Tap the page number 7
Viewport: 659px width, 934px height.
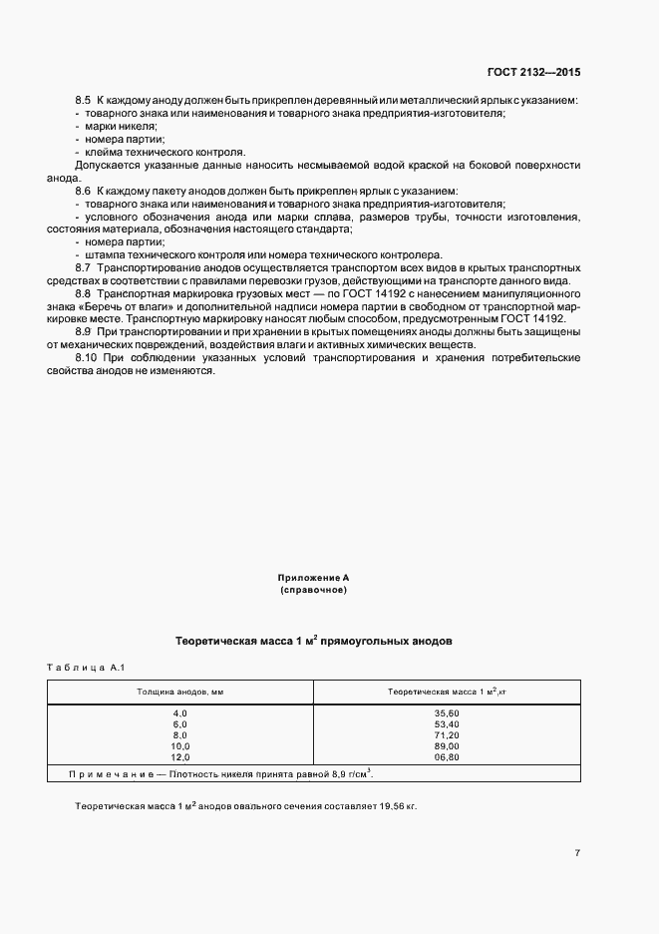[577, 852]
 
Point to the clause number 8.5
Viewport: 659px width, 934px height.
[83, 102]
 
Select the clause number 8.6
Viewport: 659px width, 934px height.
[83, 190]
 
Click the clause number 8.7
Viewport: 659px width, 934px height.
[83, 268]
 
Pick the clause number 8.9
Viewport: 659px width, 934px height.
[83, 331]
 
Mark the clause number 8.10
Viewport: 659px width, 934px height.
[85, 357]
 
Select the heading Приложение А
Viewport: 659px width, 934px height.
[313, 578]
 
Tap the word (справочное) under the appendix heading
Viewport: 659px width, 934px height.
[313, 591]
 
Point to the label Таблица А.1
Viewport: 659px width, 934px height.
[83, 668]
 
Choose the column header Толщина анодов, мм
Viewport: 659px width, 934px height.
[180, 691]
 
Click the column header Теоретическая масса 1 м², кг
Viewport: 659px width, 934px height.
[447, 691]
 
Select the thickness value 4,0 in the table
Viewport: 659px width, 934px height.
[180, 712]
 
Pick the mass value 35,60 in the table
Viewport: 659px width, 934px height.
[447, 712]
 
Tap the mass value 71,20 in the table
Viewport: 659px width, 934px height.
[447, 734]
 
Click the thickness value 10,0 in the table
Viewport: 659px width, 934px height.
[180, 745]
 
